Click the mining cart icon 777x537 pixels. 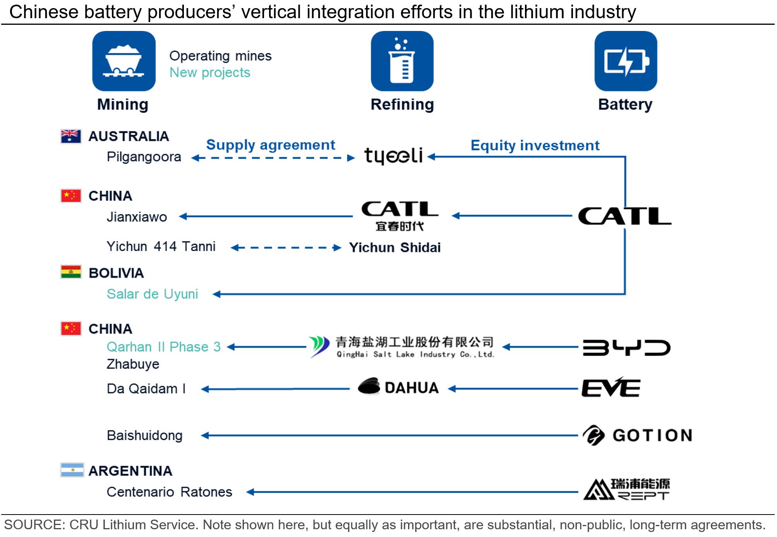pos(123,61)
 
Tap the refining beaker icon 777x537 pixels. pos(402,61)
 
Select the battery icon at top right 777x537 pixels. pos(625,61)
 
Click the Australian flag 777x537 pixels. pos(71,136)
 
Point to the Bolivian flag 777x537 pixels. pos(71,272)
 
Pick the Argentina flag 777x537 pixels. pos(72,470)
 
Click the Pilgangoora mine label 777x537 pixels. pos(144,157)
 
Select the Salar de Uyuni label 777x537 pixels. pos(152,294)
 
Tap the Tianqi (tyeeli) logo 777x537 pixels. pos(393,156)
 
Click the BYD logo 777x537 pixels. pos(626,347)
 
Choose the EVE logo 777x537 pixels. pos(611,388)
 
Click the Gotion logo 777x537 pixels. pos(637,435)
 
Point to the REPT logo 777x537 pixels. pos(626,489)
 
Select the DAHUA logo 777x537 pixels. pos(398,387)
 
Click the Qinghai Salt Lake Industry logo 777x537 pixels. pos(401,347)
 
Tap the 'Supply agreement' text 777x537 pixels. pos(270,145)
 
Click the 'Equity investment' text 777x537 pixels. pos(535,146)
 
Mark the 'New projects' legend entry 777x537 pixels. pos(209,72)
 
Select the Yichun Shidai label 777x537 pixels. pos(395,247)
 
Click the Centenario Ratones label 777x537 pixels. pos(169,492)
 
